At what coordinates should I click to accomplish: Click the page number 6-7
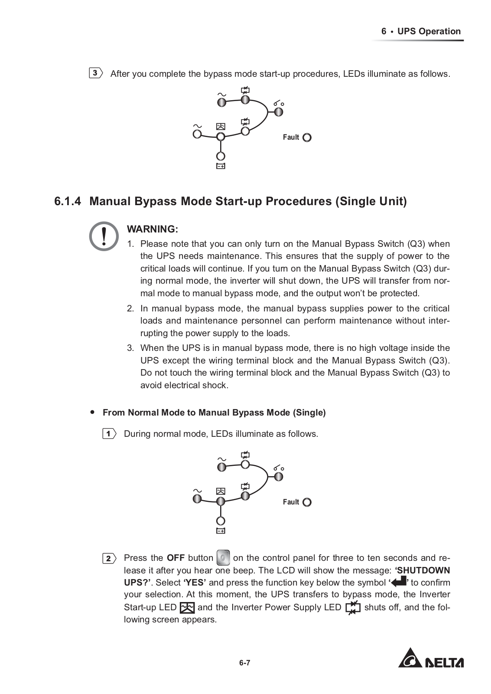(244, 663)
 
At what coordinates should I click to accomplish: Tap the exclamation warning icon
(104, 236)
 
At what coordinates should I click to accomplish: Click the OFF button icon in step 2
(223, 557)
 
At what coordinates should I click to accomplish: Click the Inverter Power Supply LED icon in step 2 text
(353, 607)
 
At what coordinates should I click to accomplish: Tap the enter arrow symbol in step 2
(398, 582)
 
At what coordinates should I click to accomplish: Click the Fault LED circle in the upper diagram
(307, 137)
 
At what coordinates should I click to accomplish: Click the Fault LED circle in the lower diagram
(307, 502)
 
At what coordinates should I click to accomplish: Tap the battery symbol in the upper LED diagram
(221, 166)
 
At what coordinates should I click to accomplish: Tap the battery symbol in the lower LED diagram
(221, 531)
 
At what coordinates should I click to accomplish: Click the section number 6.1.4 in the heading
(68, 202)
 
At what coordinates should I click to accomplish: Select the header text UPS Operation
(429, 31)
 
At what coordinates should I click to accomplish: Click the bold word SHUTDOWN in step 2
(424, 570)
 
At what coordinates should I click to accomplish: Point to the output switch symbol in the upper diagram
(279, 104)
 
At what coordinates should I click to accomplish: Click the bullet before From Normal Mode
(92, 412)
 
